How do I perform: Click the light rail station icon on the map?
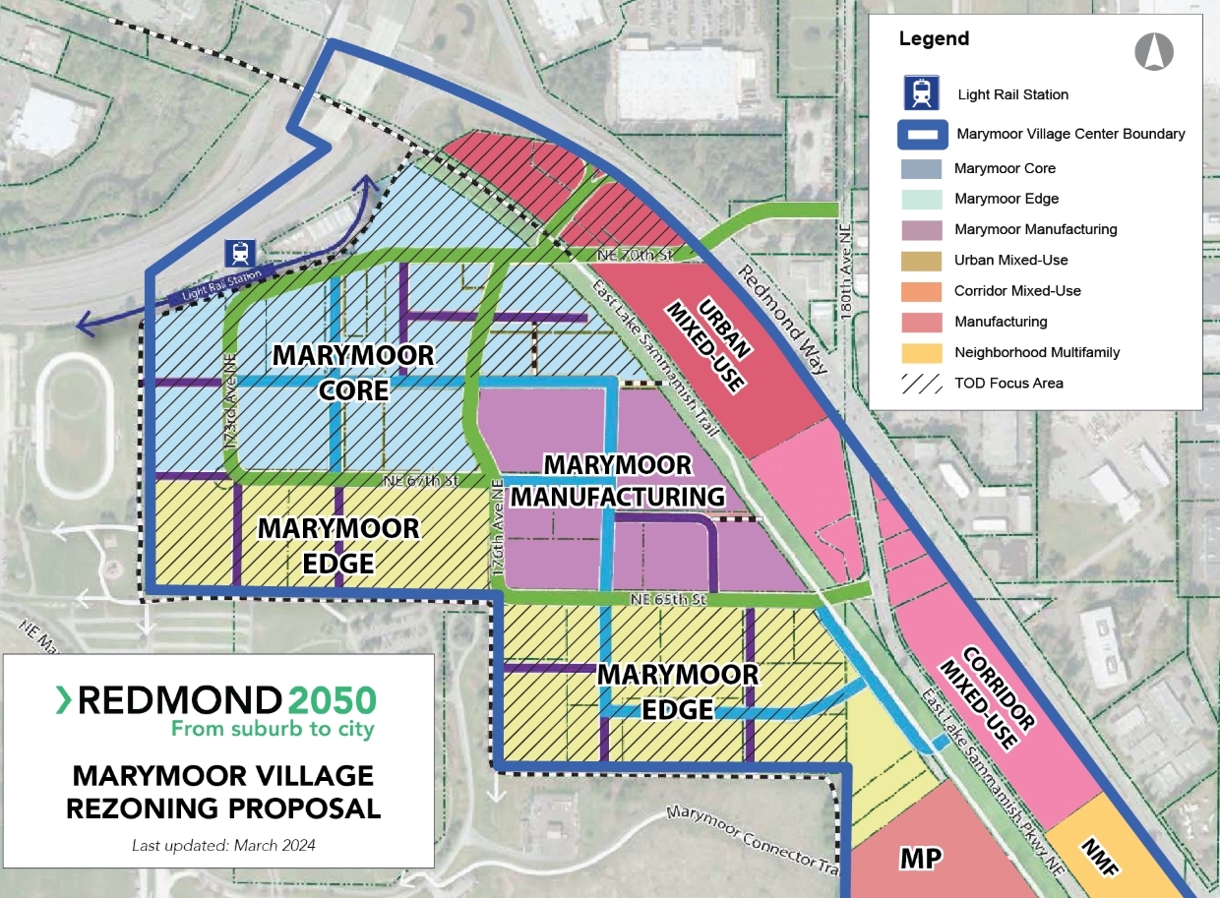239,253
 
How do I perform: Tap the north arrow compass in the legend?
1154,51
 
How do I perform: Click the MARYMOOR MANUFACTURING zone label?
618,480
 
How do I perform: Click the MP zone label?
921,859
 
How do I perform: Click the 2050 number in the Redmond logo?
333,700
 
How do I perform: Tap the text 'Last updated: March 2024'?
223,845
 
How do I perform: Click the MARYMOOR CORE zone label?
353,372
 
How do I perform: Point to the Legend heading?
934,39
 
